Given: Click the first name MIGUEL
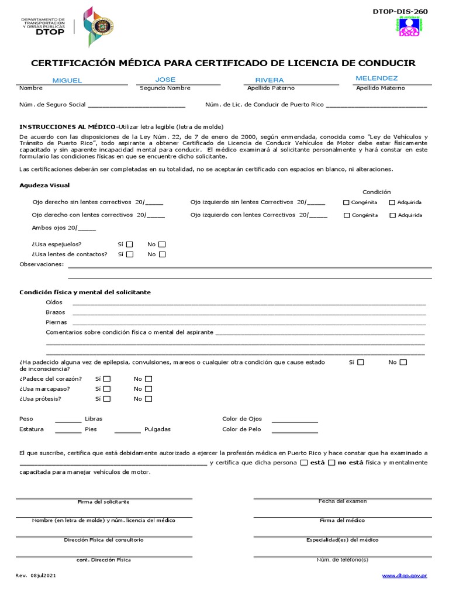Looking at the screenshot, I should [x=67, y=80].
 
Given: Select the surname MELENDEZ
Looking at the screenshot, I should [x=377, y=78].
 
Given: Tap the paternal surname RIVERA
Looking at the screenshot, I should [x=270, y=80].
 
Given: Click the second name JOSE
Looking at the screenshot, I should [x=165, y=80].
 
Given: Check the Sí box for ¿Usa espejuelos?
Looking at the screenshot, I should [x=130, y=244].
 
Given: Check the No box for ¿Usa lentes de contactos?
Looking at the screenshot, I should [x=162, y=254].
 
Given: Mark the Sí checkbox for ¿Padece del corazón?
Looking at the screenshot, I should [x=106, y=379].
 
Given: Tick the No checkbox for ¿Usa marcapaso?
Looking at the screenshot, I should [x=148, y=389].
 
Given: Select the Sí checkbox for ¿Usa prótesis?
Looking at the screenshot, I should [x=106, y=399].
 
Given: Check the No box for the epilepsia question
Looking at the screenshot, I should [x=403, y=363].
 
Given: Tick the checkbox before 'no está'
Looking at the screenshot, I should [x=332, y=463].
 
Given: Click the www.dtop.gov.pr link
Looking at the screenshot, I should [x=405, y=576].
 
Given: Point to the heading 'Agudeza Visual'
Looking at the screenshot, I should [x=44, y=185].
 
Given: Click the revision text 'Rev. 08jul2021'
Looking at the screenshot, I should [x=36, y=576].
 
